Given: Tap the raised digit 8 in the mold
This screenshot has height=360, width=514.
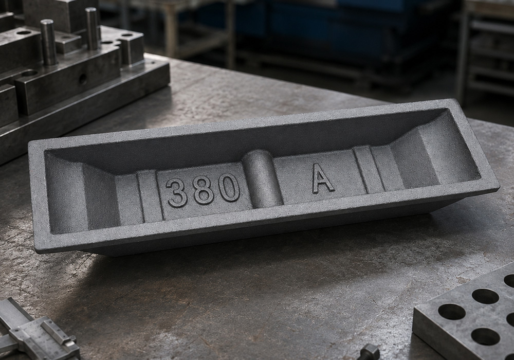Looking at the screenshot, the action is pos(204,189).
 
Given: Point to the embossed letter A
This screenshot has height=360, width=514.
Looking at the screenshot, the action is pos(323,178).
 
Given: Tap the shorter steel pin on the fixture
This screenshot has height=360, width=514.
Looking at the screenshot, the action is pos(49,42).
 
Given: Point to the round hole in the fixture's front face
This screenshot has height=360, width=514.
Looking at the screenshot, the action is pos(83,79).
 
